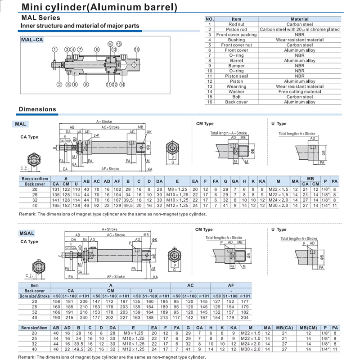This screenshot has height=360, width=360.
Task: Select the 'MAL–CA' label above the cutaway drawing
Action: [x=32, y=40]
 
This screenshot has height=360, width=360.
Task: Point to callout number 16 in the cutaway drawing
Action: [x=137, y=49]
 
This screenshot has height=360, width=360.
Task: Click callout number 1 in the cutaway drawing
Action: [x=54, y=49]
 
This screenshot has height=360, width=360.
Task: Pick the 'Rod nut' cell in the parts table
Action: [x=236, y=24]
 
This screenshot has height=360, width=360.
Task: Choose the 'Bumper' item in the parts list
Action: [x=236, y=66]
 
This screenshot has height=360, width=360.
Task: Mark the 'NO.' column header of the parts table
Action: [x=210, y=19]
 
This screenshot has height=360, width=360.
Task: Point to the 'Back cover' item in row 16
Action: [x=236, y=102]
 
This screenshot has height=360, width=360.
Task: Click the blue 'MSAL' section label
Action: [x=27, y=233]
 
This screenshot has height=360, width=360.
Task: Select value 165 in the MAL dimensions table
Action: [x=56, y=205]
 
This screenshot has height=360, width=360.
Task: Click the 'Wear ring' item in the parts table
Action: [x=236, y=86]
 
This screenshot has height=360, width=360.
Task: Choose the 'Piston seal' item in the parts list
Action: [x=236, y=76]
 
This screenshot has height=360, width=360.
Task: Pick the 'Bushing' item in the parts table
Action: [x=236, y=40]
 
